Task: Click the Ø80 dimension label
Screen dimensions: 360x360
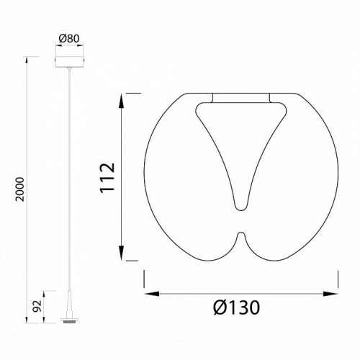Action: (x=69, y=39)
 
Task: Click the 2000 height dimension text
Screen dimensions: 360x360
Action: (x=20, y=189)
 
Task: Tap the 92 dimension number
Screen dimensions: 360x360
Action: (x=37, y=306)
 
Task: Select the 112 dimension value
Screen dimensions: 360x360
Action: (x=107, y=178)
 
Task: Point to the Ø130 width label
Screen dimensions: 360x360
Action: (x=236, y=307)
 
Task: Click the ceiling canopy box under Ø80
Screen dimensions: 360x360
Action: (x=69, y=62)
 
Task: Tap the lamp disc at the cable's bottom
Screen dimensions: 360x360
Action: (x=69, y=320)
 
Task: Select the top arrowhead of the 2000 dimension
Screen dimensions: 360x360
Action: (x=27, y=60)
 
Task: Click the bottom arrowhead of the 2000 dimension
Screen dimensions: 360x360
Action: (x=27, y=319)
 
